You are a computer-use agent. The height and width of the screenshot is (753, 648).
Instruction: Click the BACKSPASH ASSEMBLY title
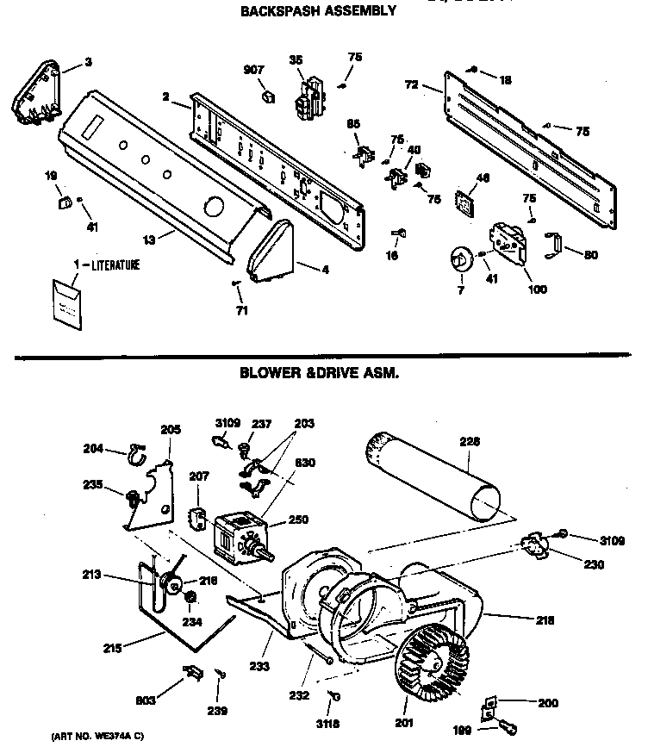pyautogui.click(x=318, y=11)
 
